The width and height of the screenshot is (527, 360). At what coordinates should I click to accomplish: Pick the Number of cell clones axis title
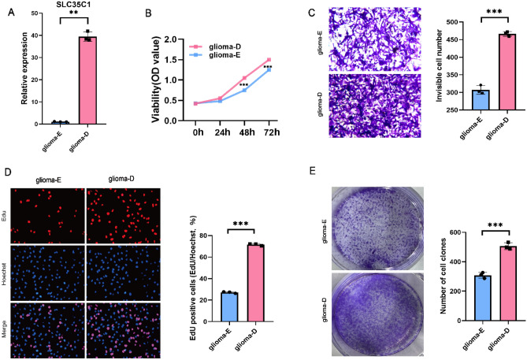click(x=429, y=277)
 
